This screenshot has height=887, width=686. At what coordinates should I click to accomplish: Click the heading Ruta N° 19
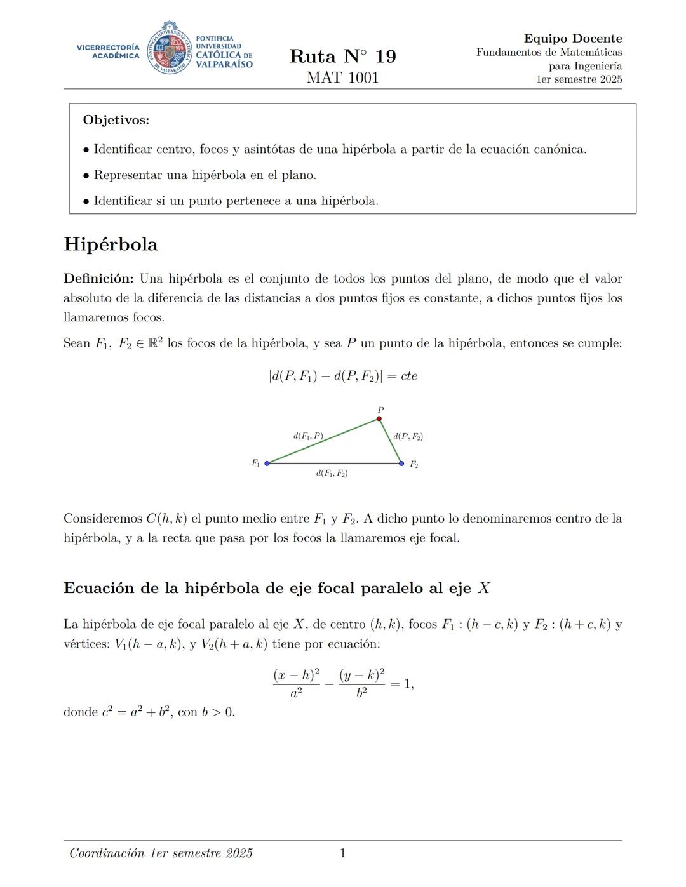click(342, 57)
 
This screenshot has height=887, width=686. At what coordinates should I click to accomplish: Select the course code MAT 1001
click(342, 78)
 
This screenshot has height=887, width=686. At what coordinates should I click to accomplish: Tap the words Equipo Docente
click(572, 39)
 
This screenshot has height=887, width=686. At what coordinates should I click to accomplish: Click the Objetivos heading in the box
click(116, 120)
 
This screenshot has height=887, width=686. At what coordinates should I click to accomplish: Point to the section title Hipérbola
click(111, 244)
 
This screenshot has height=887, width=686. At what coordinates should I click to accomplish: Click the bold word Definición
click(98, 279)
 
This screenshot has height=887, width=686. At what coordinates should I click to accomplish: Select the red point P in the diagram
click(379, 418)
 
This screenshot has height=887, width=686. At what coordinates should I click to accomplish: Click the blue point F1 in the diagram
click(267, 464)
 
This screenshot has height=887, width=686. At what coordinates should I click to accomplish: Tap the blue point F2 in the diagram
click(401, 464)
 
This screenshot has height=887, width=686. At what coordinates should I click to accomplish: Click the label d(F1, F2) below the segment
click(332, 474)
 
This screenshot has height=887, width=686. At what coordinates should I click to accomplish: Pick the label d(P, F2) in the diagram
click(408, 436)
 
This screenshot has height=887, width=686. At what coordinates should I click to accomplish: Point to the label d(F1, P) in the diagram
click(308, 436)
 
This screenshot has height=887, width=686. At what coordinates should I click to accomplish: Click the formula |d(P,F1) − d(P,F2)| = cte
click(342, 376)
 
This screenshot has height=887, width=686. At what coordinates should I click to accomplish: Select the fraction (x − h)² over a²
click(296, 684)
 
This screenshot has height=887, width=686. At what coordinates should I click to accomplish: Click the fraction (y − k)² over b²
click(361, 684)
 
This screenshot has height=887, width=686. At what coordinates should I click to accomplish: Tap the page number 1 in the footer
click(342, 853)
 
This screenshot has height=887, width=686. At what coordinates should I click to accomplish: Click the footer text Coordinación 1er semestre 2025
click(161, 853)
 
